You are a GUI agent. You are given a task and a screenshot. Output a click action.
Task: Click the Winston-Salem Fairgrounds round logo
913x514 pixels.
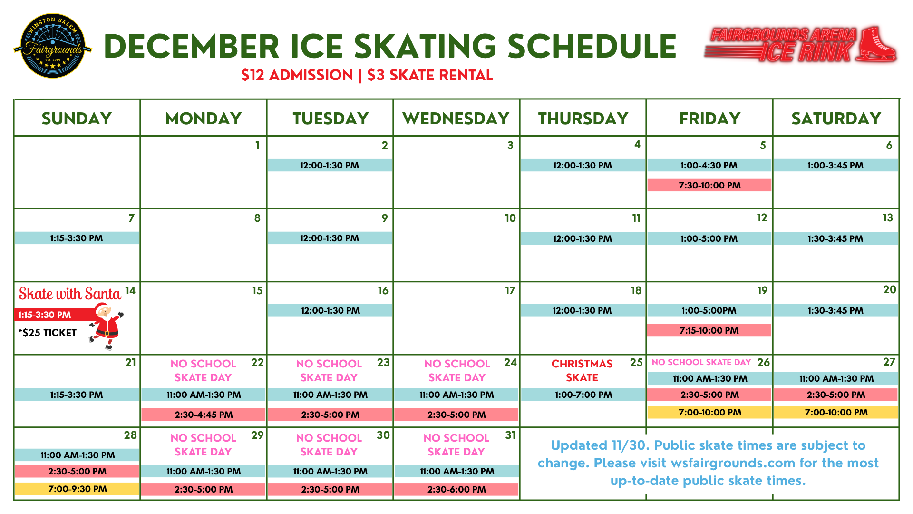coord(53,46)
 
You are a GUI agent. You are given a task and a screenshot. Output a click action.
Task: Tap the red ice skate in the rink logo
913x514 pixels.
coord(876,44)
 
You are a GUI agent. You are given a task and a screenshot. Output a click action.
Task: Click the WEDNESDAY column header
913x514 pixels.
coord(456,119)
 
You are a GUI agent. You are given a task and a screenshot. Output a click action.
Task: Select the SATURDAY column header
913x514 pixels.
coord(836,119)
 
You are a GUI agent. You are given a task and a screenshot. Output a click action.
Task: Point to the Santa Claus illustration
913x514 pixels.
coord(107,326)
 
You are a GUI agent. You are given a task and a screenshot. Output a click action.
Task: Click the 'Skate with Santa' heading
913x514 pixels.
coord(70,294)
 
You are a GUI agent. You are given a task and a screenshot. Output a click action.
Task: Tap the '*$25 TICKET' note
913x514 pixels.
coord(48,333)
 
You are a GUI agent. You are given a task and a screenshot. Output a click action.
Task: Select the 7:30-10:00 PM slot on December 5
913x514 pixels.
coord(709,185)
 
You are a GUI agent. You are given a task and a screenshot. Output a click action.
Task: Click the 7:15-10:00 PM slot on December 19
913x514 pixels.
coord(709,330)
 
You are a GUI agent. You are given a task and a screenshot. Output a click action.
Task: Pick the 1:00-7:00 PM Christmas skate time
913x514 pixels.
coord(583,395)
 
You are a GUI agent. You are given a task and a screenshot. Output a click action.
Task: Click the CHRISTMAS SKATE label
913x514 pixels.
coord(582,370)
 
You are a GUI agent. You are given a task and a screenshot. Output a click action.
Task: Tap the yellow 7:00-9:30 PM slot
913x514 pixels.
coord(77,489)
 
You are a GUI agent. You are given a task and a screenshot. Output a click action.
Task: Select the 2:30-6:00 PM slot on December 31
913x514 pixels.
coord(456,489)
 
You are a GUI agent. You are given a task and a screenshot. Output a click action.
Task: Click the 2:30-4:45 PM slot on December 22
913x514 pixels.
coord(204,415)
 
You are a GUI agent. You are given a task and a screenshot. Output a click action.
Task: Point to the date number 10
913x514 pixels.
coord(510,218)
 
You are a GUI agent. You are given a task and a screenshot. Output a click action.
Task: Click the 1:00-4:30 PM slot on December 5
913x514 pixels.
coord(709,165)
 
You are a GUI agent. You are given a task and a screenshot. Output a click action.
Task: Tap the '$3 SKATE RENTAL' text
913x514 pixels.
coord(430,75)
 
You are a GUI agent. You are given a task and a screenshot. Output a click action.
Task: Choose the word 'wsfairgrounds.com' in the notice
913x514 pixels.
coord(732,463)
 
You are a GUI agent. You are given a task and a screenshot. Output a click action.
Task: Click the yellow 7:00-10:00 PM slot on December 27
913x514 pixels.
coord(836,412)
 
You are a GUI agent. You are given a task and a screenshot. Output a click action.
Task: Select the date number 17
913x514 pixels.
coord(510,290)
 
